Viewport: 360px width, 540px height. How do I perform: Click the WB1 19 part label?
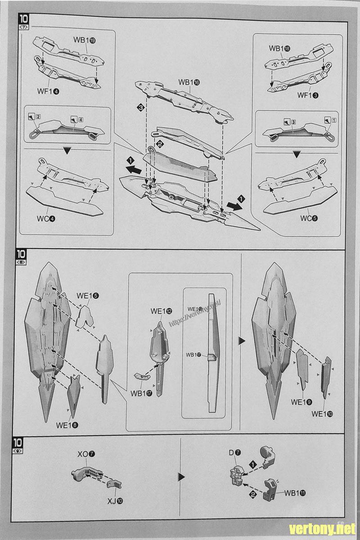[84, 40]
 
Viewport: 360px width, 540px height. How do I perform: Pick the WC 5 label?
[309, 219]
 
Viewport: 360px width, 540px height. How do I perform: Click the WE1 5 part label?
[88, 296]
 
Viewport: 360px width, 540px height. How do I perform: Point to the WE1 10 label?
[323, 414]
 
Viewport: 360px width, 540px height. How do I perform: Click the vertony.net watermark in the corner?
[322, 528]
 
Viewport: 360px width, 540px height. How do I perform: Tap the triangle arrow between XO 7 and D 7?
[182, 476]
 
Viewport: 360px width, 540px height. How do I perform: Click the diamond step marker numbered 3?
[141, 108]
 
